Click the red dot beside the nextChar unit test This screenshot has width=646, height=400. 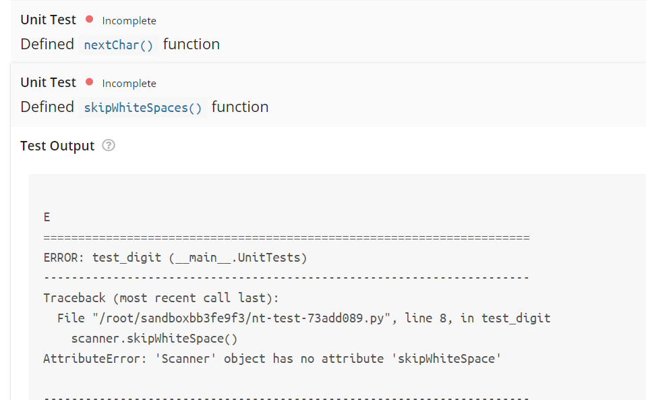90,20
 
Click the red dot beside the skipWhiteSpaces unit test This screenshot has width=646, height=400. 90,82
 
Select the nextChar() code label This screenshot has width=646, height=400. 119,45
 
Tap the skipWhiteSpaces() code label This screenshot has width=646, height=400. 143,108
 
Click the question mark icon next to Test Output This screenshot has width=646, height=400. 108,146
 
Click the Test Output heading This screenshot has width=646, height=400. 57,146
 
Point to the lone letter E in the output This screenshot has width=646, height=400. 47,217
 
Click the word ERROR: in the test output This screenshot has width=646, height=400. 65,258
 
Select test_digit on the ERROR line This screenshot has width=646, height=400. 127,258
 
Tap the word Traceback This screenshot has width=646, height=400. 75,298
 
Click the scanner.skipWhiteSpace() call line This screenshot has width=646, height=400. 154,339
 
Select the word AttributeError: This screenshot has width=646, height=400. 92,359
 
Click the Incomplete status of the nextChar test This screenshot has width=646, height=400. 129,21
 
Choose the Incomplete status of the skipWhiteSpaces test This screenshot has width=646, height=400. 129,84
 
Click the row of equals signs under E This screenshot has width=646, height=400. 286,238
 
